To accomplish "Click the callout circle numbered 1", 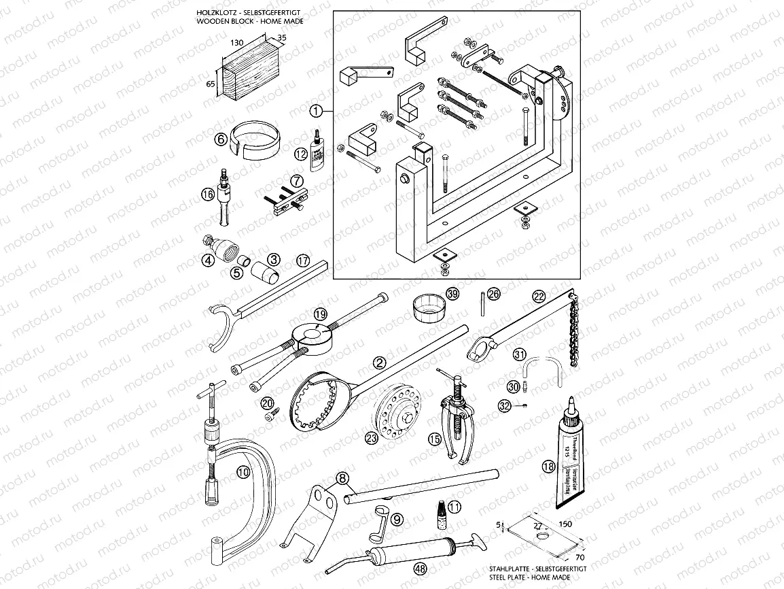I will (315, 109).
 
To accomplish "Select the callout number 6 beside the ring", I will (220, 139).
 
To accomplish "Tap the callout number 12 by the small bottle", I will (301, 154).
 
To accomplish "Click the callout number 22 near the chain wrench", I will (539, 296).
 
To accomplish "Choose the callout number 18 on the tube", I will (548, 466).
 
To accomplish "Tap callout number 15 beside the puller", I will (434, 440).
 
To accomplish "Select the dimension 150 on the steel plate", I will (565, 524).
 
